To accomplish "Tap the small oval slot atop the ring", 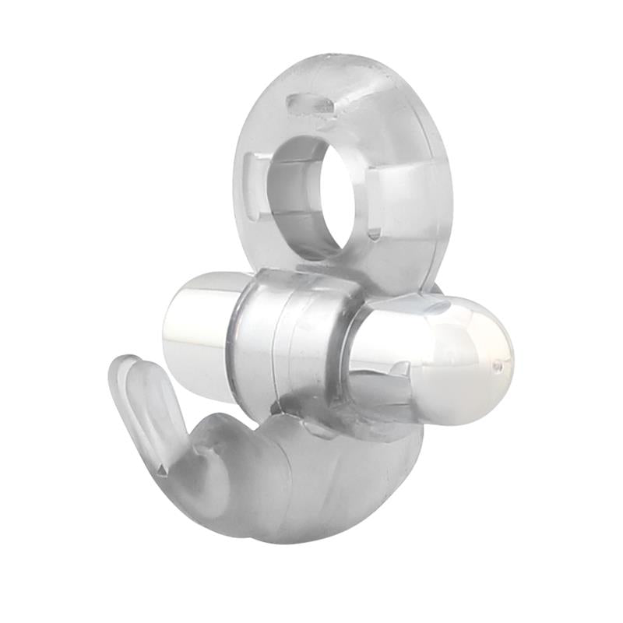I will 307,104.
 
